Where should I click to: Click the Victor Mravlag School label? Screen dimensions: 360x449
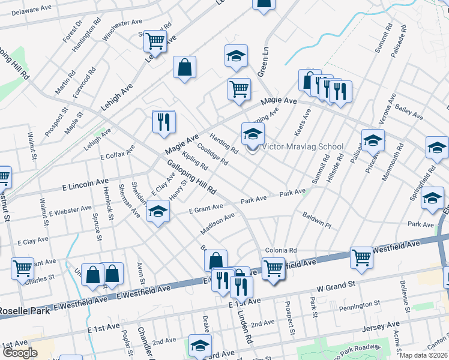[x=303, y=146]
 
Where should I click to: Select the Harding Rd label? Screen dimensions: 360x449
[x=224, y=143]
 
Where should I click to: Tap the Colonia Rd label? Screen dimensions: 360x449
[x=281, y=250]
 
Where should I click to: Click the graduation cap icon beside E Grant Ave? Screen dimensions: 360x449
[x=158, y=211]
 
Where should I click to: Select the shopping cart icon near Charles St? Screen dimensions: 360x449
[x=22, y=268]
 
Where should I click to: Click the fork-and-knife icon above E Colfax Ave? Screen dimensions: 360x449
[x=163, y=122]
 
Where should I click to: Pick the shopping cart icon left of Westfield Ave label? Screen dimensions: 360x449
[x=361, y=257]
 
